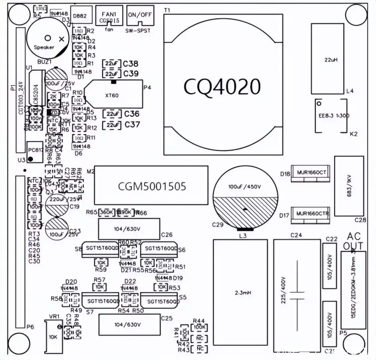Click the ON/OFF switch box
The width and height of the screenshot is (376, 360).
click(x=140, y=17)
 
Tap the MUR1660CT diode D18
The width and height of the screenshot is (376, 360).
click(x=311, y=173)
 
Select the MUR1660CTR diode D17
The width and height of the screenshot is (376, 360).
click(x=311, y=214)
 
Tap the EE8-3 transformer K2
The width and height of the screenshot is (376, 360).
click(x=331, y=115)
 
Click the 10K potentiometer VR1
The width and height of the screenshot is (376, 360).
click(x=53, y=336)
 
